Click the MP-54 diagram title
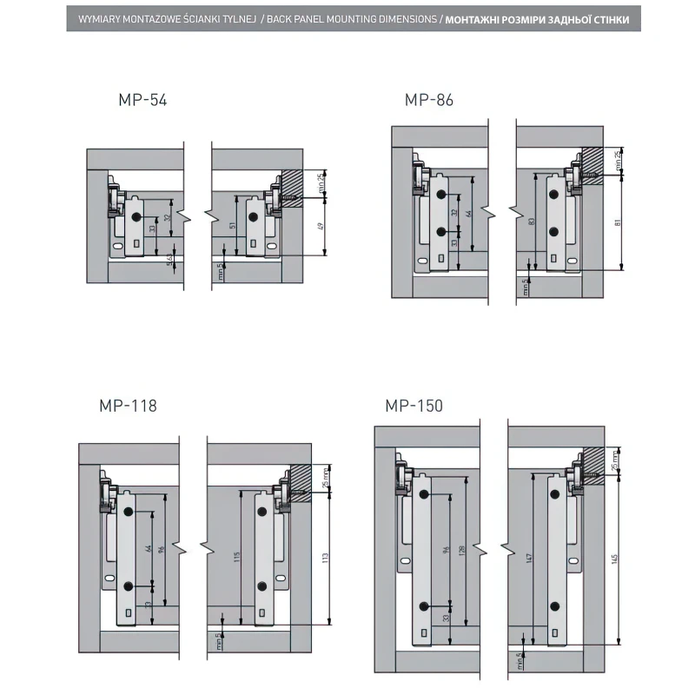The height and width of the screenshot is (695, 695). point(142,100)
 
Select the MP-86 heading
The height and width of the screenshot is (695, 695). point(429,100)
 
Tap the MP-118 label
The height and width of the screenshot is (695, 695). point(128,405)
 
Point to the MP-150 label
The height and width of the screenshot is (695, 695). point(414,406)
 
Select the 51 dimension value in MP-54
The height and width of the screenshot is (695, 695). point(232,225)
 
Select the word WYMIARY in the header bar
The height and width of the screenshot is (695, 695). point(98,18)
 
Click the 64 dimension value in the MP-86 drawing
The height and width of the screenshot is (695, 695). point(469,212)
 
